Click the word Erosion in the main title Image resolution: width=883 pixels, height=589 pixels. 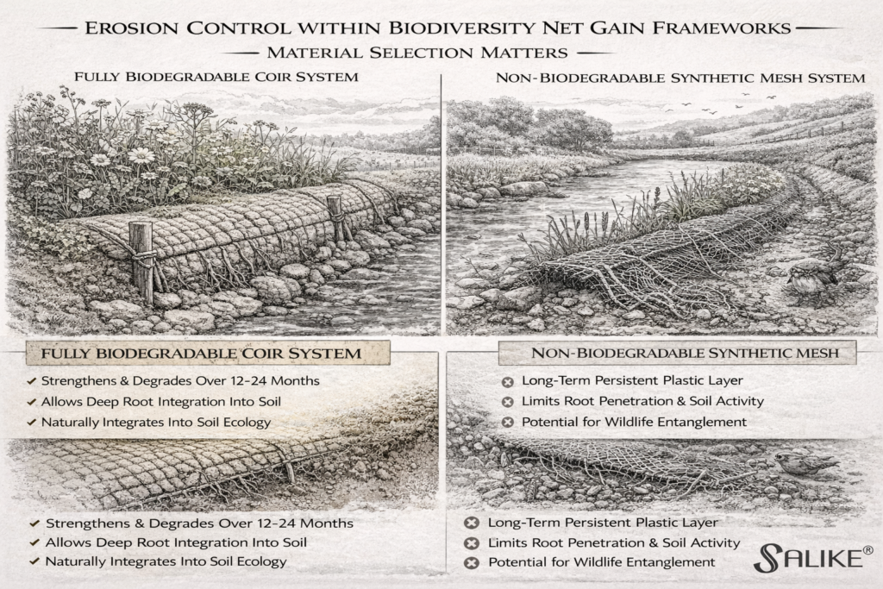(x=116, y=28)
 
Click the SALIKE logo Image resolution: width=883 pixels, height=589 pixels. (x=805, y=558)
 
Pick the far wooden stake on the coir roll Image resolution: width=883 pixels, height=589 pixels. (x=335, y=217)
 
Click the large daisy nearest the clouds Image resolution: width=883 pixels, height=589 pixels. (x=141, y=155)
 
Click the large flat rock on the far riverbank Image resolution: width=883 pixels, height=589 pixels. (x=523, y=188)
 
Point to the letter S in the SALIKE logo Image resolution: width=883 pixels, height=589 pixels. (x=767, y=559)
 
